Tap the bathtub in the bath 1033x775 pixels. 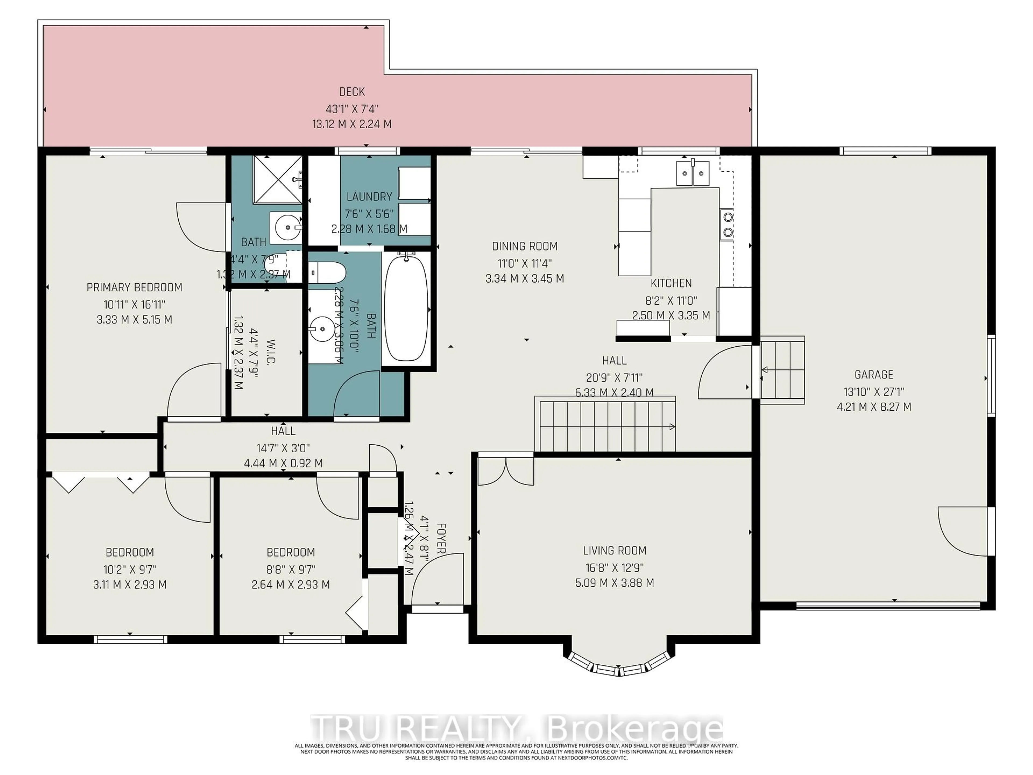[x=406, y=308]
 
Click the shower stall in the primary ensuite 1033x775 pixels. [x=277, y=179]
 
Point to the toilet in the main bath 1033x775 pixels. [x=327, y=272]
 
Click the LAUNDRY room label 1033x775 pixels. [x=369, y=197]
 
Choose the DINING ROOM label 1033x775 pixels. [x=525, y=246]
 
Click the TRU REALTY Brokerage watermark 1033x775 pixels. [x=516, y=728]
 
